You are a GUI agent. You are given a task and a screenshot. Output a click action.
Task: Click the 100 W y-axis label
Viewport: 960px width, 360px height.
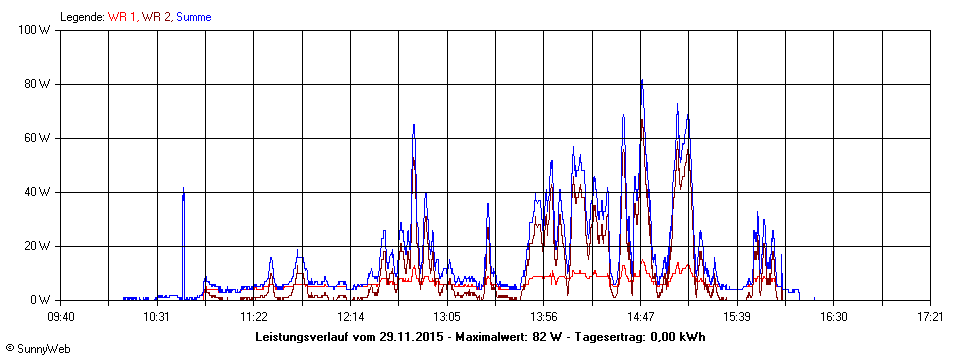[x=37, y=30]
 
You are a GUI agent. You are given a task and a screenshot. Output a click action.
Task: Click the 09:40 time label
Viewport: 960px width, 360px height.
[x=61, y=317]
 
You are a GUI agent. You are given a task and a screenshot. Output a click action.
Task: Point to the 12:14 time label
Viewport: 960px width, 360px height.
[x=350, y=317]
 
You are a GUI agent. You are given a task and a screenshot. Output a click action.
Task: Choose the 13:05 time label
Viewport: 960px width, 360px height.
[x=447, y=317]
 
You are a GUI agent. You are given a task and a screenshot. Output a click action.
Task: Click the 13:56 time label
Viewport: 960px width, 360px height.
[x=543, y=317]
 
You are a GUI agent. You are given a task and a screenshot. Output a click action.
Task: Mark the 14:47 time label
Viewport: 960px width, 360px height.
[x=640, y=317]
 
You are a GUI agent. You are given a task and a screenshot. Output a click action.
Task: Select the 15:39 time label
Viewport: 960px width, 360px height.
[x=737, y=317]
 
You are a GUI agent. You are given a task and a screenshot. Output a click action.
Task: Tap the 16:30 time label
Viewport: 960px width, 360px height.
[x=833, y=317]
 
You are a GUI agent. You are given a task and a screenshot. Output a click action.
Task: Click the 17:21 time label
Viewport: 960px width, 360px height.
[x=930, y=317]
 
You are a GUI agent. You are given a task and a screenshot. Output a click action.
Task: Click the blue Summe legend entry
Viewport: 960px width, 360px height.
[x=193, y=17]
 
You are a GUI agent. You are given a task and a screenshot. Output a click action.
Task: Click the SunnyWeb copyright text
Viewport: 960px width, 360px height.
[x=35, y=348]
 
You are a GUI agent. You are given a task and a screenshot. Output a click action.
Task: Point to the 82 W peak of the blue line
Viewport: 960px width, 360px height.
[x=641, y=80]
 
